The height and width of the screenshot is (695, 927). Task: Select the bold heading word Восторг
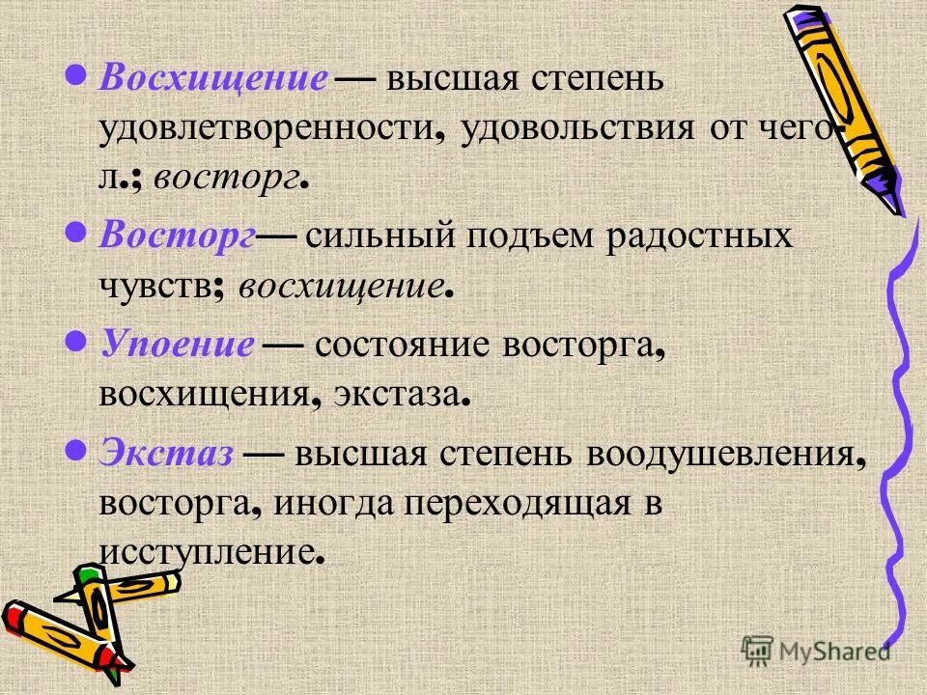tap(176, 236)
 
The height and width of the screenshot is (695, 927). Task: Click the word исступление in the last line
tap(207, 553)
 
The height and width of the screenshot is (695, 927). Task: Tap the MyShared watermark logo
tap(816, 651)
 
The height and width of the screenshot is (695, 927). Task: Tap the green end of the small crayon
tap(89, 577)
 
